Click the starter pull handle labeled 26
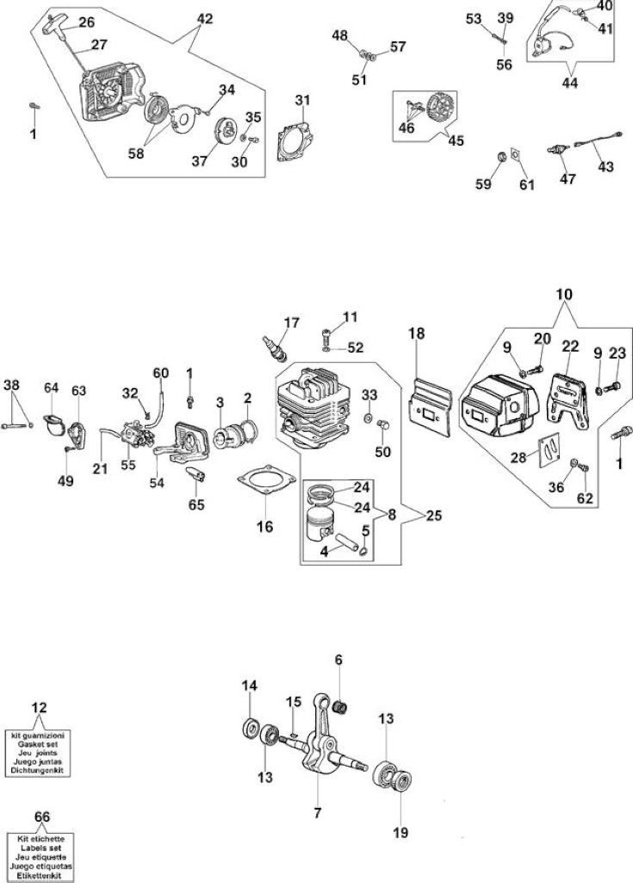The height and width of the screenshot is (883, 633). pos(59,23)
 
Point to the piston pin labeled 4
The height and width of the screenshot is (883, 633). pos(347,542)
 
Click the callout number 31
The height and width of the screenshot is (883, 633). pos(302,100)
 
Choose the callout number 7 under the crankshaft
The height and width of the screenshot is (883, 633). pos(317,813)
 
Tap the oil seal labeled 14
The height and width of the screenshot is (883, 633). pos(250,728)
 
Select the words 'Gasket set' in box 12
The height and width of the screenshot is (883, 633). pos(38,744)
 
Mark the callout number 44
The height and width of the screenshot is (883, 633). pos(570,83)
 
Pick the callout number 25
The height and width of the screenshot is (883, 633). pos(434,516)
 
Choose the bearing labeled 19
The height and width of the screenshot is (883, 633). pos(400,783)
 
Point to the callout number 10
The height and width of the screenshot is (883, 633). pos(564,294)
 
